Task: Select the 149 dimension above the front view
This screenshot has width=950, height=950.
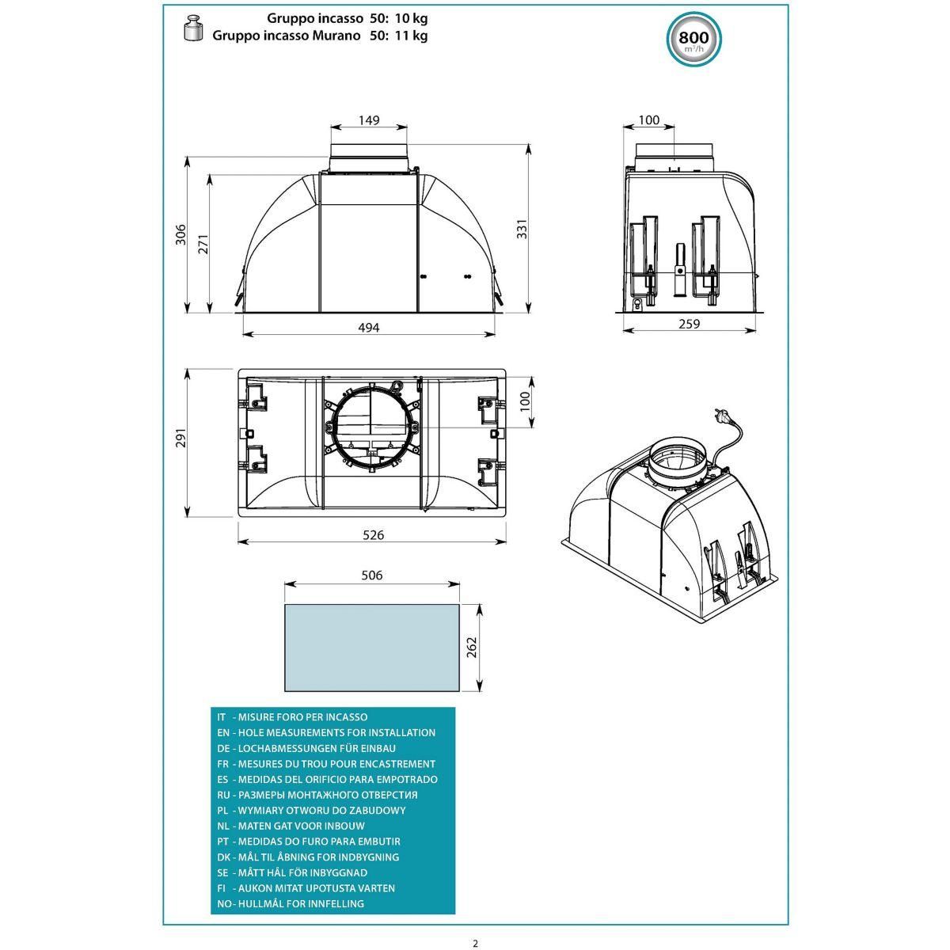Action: click(369, 120)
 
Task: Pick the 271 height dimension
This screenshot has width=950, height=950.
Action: click(203, 245)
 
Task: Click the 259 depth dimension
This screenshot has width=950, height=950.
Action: click(690, 323)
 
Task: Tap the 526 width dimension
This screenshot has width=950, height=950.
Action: click(373, 535)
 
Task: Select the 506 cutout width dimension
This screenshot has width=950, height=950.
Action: click(371, 576)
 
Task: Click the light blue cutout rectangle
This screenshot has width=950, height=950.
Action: click(372, 647)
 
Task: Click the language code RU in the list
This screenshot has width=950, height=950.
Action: click(223, 794)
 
